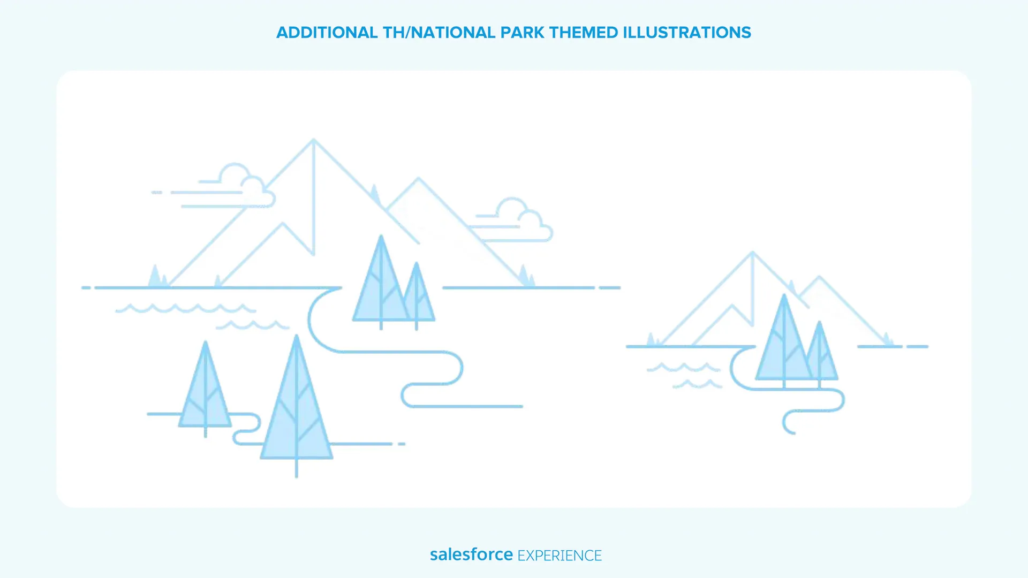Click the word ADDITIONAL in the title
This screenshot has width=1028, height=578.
(327, 33)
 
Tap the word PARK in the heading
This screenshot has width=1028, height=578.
(522, 33)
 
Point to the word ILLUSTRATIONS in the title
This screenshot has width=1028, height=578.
(687, 33)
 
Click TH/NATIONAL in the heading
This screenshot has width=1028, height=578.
(439, 33)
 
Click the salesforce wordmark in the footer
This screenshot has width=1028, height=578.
(471, 554)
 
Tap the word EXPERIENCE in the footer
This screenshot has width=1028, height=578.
(560, 556)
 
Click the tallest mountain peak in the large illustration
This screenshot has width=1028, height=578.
(314, 140)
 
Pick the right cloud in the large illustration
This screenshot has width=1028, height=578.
(514, 220)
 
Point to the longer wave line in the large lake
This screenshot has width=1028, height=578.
(186, 308)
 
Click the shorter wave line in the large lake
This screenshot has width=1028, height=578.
(252, 325)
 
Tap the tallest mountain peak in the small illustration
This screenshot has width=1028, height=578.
(752, 253)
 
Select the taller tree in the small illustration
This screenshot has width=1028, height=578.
(784, 340)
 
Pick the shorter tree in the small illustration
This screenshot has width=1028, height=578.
(819, 354)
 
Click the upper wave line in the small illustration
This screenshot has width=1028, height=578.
(684, 367)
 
